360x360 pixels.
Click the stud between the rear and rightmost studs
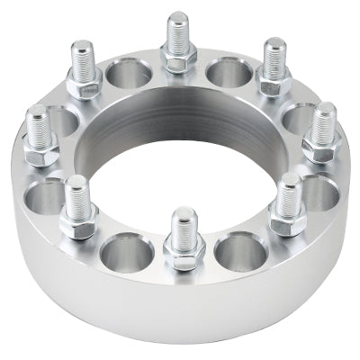pyautogui.click(x=272, y=67)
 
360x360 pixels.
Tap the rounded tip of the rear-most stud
pyautogui.click(x=178, y=18)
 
